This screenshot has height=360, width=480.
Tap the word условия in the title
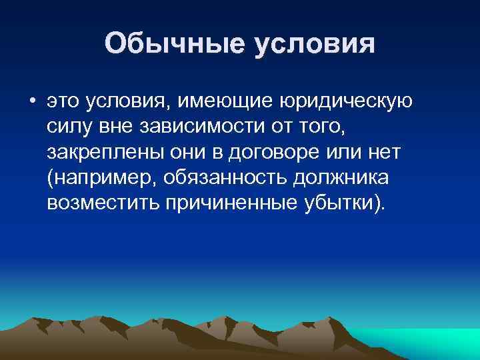click(x=314, y=45)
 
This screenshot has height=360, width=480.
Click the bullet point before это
click(x=32, y=101)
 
